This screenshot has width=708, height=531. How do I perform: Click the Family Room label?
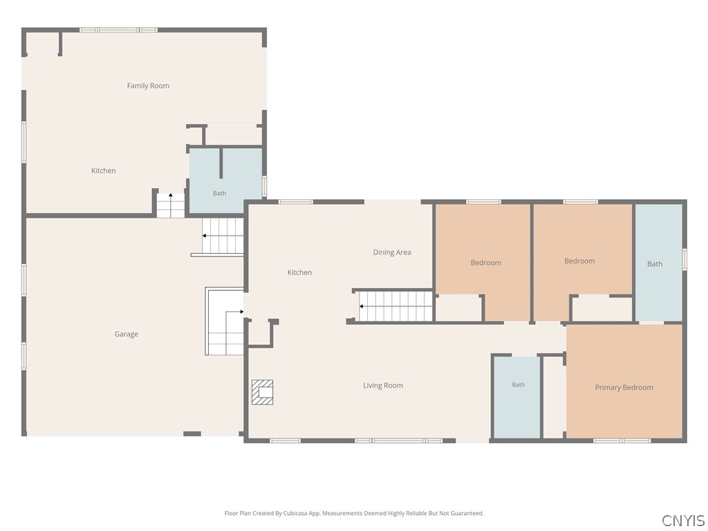point(148,86)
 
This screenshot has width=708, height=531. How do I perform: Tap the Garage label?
point(126,334)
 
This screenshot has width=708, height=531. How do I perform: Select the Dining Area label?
point(392,252)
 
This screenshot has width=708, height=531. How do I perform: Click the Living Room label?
point(383,386)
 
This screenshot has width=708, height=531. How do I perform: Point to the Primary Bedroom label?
point(624,387)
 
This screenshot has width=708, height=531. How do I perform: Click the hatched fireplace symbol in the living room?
point(262,392)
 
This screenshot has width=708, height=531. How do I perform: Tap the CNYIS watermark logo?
point(683,520)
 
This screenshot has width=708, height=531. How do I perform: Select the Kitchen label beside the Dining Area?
point(299,272)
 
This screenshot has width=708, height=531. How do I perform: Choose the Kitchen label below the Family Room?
point(104,171)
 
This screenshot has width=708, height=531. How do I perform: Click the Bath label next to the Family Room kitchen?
point(219,194)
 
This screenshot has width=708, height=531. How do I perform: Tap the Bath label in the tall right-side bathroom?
point(655,264)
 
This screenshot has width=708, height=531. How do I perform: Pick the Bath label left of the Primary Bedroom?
point(519,384)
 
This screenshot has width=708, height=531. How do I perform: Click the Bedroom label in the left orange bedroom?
point(486,263)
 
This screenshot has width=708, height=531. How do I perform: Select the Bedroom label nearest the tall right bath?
point(579,261)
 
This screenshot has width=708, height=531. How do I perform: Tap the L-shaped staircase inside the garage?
point(225,321)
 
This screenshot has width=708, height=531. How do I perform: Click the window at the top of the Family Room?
point(118,30)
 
